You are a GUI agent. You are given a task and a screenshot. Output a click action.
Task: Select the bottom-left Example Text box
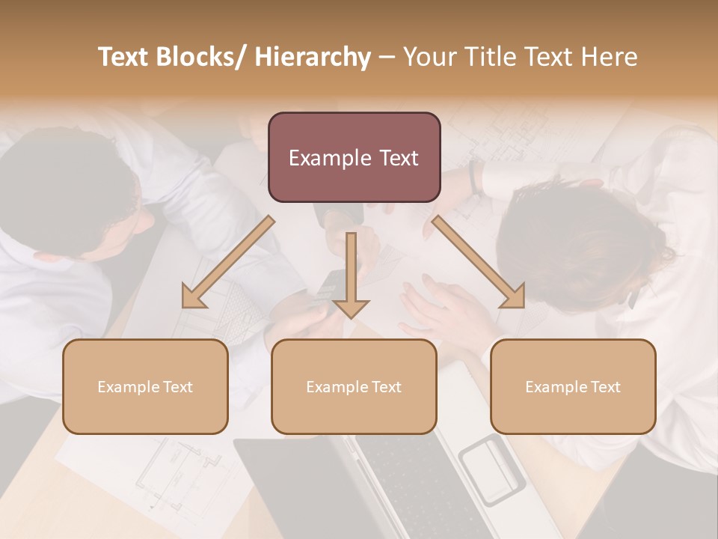click(x=145, y=386)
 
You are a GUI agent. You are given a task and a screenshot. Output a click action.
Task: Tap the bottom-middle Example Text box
click(x=354, y=386)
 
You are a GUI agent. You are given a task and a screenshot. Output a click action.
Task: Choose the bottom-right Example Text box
click(x=573, y=386)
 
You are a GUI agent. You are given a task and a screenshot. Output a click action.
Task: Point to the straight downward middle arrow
click(x=351, y=274)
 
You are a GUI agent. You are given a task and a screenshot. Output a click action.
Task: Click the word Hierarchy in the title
click(x=312, y=57)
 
